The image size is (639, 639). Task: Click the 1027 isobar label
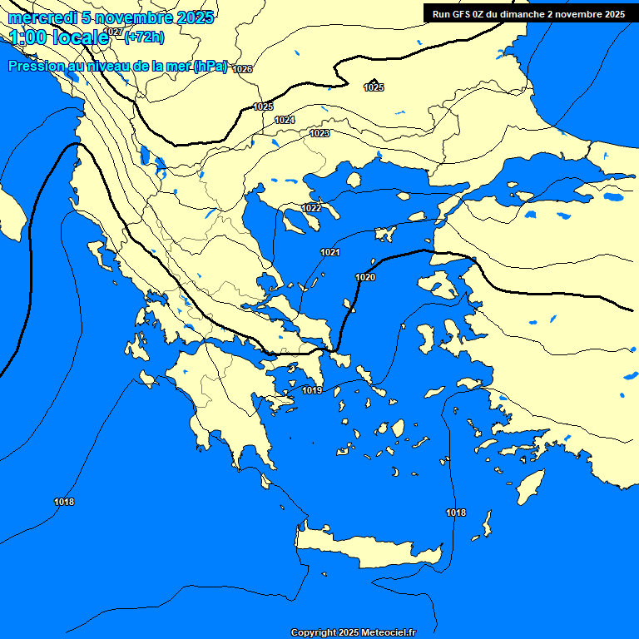point(114,32)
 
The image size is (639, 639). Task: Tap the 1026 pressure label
point(242,69)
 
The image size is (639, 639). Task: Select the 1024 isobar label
point(285,120)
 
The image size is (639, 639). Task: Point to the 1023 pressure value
point(319,133)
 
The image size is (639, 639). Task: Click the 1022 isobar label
point(312,208)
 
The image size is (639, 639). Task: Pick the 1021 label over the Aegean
point(330,252)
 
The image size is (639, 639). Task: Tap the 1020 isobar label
point(365,277)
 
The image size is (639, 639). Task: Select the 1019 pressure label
point(312,390)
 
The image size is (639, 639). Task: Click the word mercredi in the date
point(42,17)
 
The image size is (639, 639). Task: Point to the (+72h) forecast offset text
point(144,37)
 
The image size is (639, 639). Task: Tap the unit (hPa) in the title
point(211,67)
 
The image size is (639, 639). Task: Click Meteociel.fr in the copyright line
point(389,633)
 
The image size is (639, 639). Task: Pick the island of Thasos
point(354,181)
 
